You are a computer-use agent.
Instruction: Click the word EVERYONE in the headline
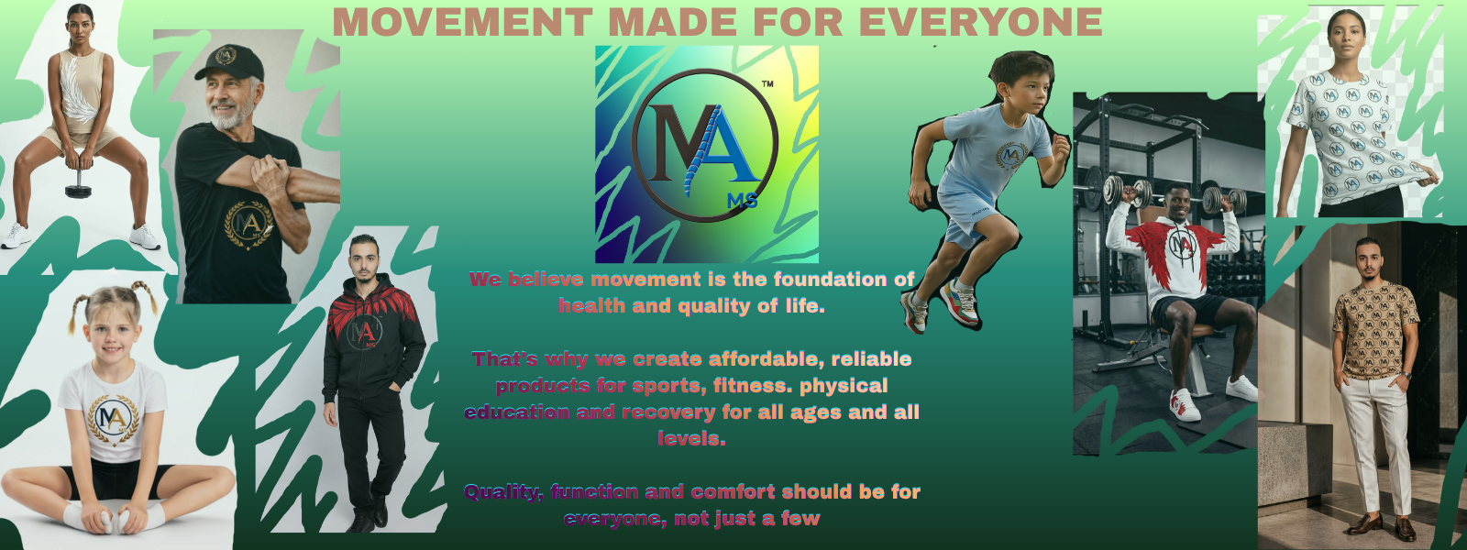980,22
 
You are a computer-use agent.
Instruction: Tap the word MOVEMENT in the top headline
462,22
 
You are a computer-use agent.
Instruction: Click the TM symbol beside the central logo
767,83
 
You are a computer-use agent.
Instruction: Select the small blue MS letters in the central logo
743,201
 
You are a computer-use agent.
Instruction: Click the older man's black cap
229,62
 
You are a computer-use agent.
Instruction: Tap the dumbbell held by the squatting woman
78,183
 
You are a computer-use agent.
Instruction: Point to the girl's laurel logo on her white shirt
114,419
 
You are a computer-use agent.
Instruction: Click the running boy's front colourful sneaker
960,304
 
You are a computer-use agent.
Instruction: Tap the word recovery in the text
668,413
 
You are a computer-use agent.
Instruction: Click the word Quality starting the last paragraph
503,492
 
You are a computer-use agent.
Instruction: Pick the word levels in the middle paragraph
691,439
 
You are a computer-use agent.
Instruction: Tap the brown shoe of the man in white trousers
1364,523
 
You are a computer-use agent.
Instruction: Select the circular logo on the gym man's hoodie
1182,247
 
